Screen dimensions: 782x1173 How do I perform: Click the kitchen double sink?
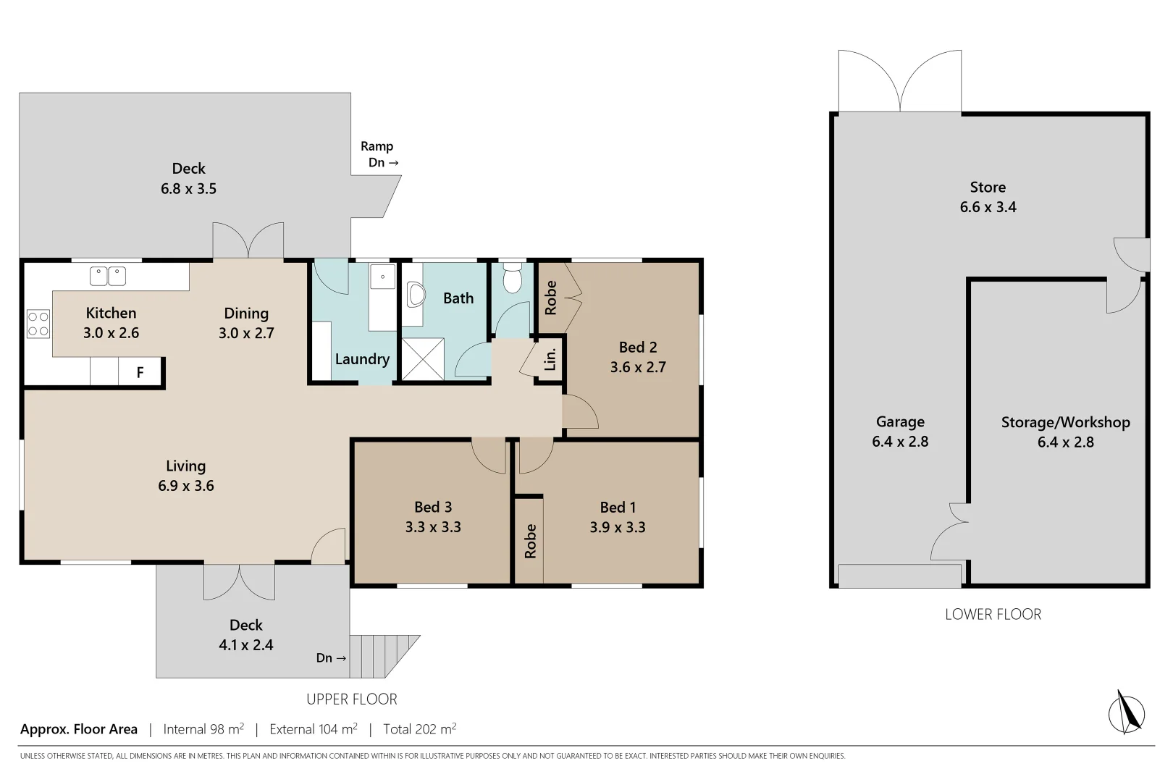click(107, 276)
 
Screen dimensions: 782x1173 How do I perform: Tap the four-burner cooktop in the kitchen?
click(38, 324)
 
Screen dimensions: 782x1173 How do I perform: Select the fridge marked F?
click(140, 372)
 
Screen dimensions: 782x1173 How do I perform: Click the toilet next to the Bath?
click(513, 279)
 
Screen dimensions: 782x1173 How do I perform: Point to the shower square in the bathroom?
click(422, 358)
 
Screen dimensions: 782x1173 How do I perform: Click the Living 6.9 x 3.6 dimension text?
click(186, 486)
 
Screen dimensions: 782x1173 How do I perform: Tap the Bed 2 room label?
click(638, 347)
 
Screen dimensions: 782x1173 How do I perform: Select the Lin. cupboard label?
click(550, 358)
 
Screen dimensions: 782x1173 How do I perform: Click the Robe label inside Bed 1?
click(531, 541)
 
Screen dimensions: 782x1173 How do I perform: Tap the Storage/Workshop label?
click(1065, 422)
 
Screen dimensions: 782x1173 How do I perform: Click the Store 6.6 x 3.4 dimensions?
click(988, 207)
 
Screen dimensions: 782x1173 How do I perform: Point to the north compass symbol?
click(1127, 712)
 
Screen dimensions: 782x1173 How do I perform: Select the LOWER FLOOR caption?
click(993, 614)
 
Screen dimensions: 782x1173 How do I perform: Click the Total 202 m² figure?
click(420, 729)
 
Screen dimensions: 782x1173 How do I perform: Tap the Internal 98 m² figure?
click(203, 729)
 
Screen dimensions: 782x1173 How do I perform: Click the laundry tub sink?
click(382, 277)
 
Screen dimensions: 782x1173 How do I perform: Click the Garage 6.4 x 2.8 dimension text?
click(900, 442)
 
